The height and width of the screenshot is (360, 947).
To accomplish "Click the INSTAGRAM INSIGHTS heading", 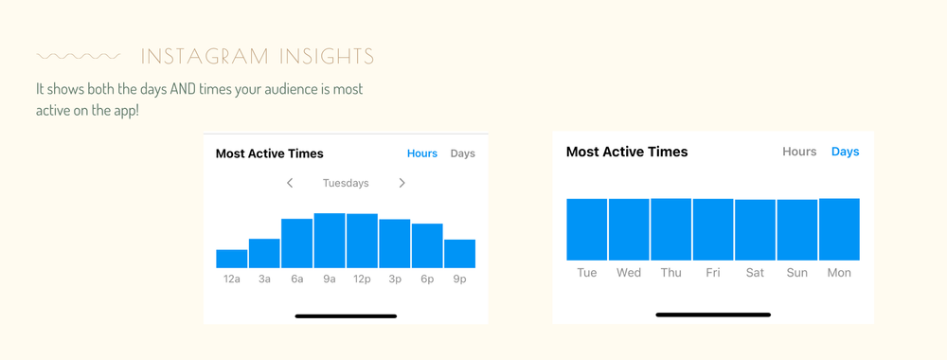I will tap(257, 57).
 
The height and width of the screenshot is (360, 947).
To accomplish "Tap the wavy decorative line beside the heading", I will tap(78, 57).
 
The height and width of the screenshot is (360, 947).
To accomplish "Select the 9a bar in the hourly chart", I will tap(330, 241).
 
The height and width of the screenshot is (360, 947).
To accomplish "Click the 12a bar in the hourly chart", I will tap(231, 259).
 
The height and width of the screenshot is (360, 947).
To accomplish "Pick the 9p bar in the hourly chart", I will tap(459, 254).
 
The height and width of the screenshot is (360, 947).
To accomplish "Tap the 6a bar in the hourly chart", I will tap(296, 243).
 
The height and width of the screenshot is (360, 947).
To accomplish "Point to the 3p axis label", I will tap(394, 279).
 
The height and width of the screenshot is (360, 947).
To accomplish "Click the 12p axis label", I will tap(362, 279).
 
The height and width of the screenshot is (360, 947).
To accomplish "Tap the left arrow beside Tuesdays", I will tap(290, 183).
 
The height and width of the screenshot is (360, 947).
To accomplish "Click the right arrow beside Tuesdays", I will tap(402, 183).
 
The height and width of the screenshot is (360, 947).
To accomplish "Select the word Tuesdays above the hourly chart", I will tap(346, 183).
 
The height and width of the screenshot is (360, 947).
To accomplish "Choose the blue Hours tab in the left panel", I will tap(422, 153).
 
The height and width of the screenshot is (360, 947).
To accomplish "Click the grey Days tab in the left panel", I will tap(463, 153).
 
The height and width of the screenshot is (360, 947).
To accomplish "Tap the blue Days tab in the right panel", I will tap(845, 152).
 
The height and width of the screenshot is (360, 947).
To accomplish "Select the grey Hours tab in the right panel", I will tap(799, 152).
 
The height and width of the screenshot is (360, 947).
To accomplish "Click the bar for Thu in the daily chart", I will tap(670, 229).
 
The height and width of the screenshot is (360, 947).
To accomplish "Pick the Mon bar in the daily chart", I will tap(839, 229).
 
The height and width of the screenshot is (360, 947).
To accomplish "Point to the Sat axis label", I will tap(755, 273).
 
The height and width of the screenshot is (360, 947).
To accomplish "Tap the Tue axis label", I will tap(587, 273).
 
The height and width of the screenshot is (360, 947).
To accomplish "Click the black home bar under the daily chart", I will tap(713, 315).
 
